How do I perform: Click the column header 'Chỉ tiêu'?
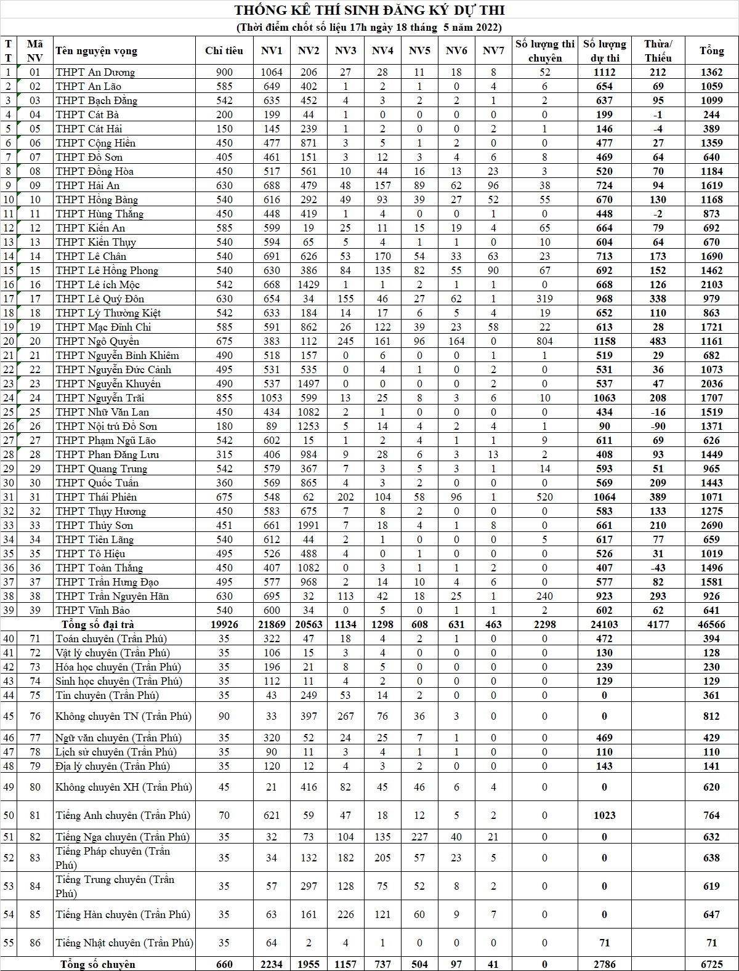tap(224, 51)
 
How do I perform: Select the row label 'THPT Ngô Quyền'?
tap(97, 341)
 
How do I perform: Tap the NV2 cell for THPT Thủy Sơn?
tap(309, 525)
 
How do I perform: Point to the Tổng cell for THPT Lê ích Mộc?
tap(711, 284)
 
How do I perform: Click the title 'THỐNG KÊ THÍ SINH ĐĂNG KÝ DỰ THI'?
tap(369, 10)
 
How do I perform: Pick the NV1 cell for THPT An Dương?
tap(272, 72)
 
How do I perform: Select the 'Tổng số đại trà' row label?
tap(99, 624)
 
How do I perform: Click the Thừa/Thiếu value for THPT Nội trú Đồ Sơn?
tap(658, 426)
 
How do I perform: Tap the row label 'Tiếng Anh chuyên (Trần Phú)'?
tap(123, 815)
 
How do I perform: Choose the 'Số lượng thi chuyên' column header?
tap(544, 51)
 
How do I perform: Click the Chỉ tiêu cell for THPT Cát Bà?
tap(224, 115)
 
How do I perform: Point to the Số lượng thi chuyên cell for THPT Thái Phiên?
tap(544, 497)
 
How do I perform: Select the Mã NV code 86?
tap(35, 943)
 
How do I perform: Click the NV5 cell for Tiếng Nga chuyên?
tap(419, 837)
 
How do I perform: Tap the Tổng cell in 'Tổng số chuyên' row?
tap(711, 964)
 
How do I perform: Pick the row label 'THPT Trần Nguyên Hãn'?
tap(112, 596)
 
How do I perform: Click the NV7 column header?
tap(493, 51)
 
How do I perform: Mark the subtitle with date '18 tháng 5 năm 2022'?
tap(369, 27)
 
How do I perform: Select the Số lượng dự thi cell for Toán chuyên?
tap(604, 639)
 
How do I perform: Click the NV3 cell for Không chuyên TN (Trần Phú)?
tap(345, 716)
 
